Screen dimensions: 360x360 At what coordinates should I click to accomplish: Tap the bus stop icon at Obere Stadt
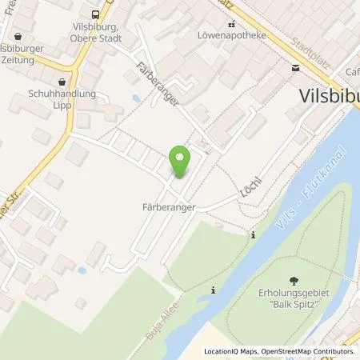[x=96, y=14]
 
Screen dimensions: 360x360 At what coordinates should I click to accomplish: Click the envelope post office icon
[x=297, y=70]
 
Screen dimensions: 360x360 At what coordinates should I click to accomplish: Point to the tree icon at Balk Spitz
[x=295, y=280]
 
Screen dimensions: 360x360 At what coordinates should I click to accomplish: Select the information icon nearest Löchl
[x=254, y=234]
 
